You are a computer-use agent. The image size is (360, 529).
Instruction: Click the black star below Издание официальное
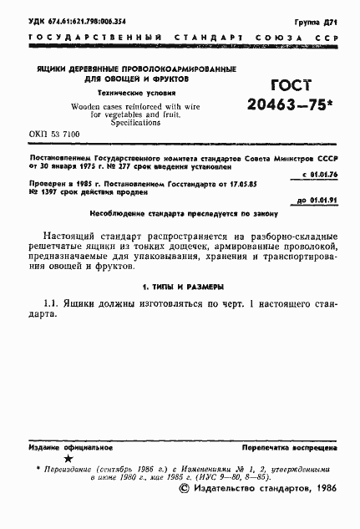68,460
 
